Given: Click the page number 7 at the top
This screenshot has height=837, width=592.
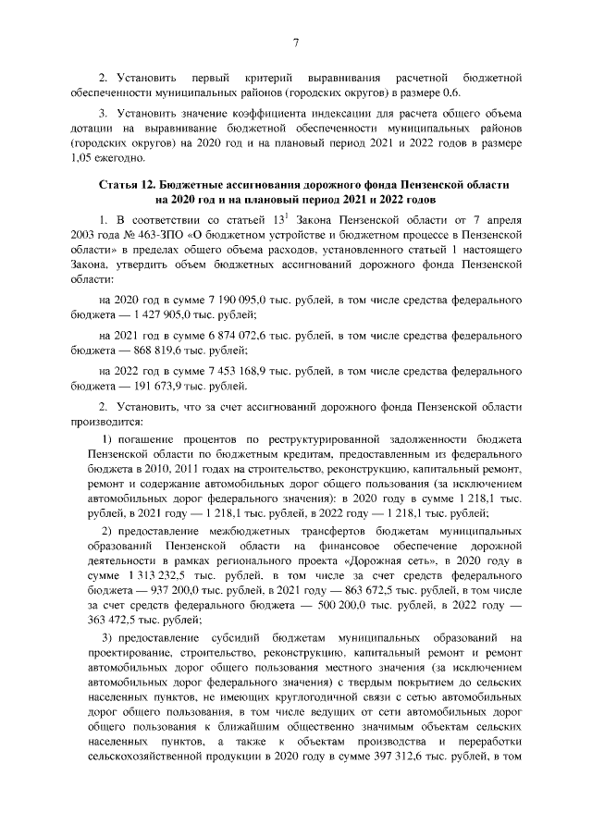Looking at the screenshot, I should pos(295,43).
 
